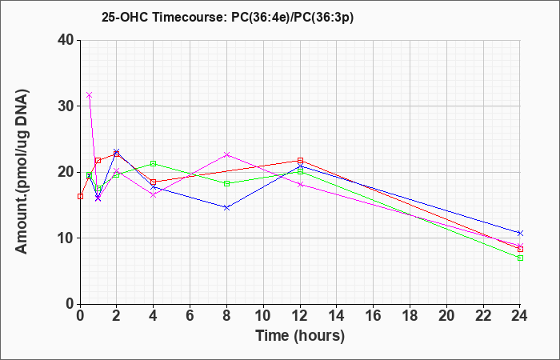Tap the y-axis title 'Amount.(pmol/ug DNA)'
tap(22, 172)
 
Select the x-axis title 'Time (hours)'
tap(300, 336)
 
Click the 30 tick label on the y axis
tap(66, 106)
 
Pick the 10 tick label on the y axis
tap(66, 238)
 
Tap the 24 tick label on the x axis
tap(520, 316)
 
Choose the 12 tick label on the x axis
tap(300, 316)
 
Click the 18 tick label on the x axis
tap(410, 316)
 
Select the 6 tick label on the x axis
tap(190, 316)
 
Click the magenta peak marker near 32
tap(90, 95)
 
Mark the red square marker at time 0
tap(80, 197)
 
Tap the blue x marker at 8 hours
tap(226, 207)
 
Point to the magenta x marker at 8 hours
tap(226, 154)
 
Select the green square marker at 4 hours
tap(154, 163)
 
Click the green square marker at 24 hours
tap(520, 258)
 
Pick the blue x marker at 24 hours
tap(520, 234)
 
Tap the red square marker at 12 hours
tap(300, 161)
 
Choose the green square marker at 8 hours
tap(226, 183)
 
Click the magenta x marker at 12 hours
tap(300, 185)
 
